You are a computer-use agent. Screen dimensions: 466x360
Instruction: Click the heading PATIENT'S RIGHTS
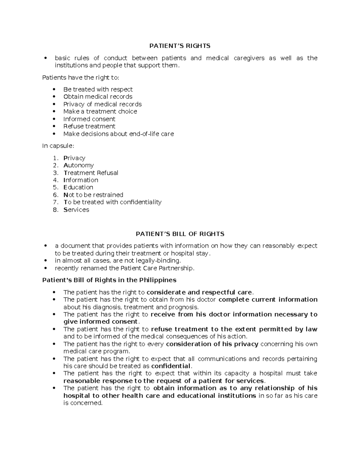(x=180, y=46)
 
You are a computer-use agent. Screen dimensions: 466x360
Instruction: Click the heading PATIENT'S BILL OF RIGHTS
(x=180, y=234)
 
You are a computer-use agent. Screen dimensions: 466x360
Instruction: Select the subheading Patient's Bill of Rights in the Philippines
(x=109, y=280)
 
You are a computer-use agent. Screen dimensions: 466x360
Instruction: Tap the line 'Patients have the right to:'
(x=81, y=78)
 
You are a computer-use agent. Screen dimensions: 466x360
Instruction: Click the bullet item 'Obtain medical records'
(x=98, y=97)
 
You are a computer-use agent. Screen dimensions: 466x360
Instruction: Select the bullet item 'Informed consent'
(x=89, y=119)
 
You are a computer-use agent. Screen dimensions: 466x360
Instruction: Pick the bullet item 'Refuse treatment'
(x=89, y=126)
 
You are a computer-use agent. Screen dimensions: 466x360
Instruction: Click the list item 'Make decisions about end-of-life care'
(x=118, y=134)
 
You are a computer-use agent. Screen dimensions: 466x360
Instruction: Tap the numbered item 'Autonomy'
(x=79, y=165)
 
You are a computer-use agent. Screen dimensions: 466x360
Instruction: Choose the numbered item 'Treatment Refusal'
(x=91, y=173)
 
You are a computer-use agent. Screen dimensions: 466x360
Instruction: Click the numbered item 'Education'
(x=78, y=187)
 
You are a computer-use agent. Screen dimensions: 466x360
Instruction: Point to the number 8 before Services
(x=55, y=210)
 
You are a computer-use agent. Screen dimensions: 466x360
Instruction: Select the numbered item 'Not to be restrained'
(x=93, y=195)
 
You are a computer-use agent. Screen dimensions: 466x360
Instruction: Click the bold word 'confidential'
(x=171, y=366)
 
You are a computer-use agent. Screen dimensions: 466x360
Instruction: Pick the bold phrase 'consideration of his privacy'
(x=212, y=344)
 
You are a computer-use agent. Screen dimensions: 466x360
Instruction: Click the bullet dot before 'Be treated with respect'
(x=54, y=89)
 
